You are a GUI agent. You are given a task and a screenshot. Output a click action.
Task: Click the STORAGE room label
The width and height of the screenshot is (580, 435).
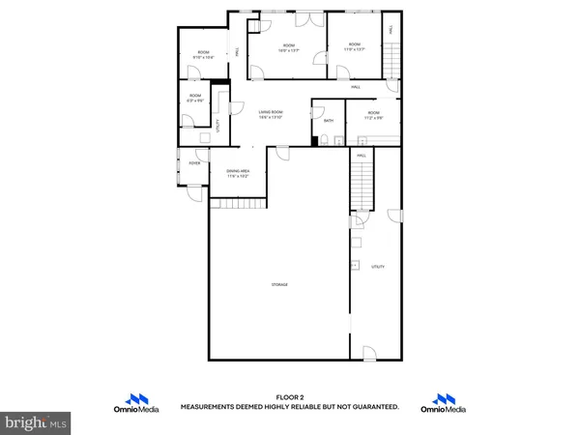278,284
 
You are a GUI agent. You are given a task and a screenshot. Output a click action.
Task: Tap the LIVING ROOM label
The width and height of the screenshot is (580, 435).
270,115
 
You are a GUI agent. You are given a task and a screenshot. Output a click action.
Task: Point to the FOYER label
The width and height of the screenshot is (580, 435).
194,163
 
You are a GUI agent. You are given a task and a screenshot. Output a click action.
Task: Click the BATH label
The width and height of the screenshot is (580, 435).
329,121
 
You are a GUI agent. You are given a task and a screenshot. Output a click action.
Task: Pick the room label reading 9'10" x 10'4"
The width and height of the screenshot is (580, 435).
203,55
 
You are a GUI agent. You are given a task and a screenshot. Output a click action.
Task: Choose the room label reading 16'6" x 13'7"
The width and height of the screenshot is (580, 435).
288,47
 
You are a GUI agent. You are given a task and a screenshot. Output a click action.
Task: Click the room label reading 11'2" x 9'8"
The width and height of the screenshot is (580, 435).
375,116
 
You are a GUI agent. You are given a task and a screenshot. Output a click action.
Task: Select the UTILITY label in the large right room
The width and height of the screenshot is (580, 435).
378,266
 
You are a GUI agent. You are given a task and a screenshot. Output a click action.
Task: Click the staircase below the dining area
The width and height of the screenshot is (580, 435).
238,203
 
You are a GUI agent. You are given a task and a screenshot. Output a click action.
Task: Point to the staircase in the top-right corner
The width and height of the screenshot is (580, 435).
391,63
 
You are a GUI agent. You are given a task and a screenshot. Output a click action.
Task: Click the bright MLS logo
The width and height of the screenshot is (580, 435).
36,421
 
